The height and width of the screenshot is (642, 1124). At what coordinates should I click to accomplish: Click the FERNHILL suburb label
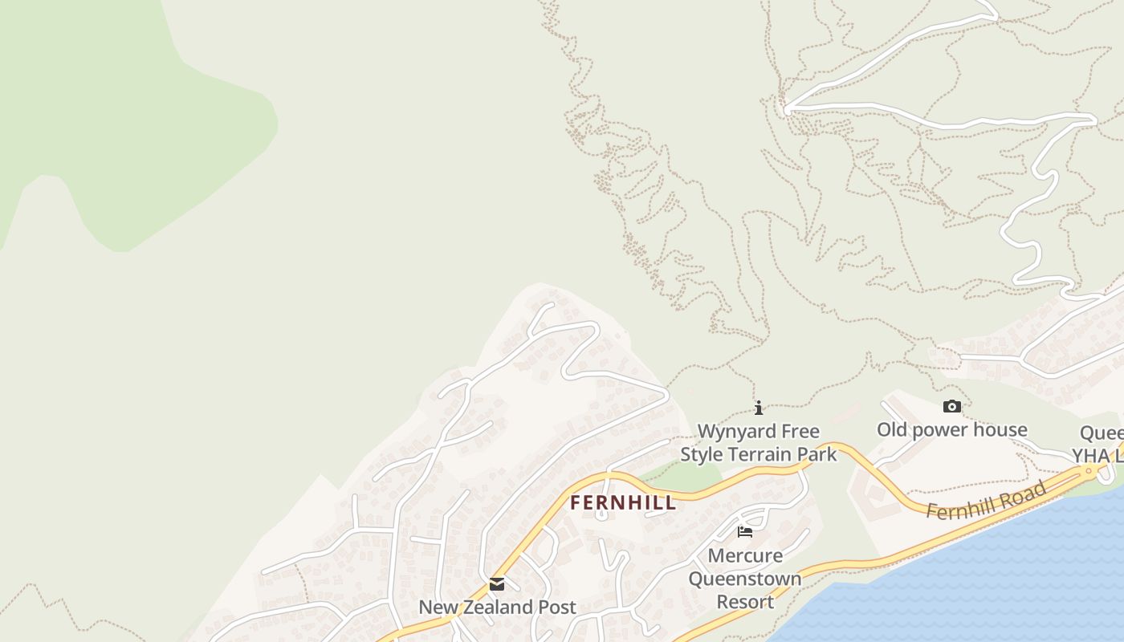[x=623, y=503]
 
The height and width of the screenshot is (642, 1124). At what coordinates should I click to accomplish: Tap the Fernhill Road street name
[x=987, y=500]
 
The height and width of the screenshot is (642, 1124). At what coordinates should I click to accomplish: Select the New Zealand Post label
[x=497, y=607]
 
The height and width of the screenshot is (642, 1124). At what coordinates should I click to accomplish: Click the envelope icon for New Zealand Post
[x=497, y=584]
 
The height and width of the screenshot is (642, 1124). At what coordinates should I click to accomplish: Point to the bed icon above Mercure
[x=745, y=531]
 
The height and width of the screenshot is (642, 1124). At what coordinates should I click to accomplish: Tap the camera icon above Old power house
[x=951, y=406]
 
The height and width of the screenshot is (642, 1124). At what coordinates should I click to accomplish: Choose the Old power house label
[x=951, y=429]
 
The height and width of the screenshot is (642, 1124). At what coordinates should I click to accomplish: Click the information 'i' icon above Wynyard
[x=759, y=408]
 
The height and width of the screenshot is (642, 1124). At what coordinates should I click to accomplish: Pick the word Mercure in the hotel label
[x=745, y=555]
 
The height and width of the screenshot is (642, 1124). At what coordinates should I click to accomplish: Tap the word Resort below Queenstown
[x=745, y=602]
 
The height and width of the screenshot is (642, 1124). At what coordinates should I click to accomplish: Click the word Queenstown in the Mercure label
[x=745, y=579]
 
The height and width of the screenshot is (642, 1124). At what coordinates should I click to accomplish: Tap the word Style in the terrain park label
[x=701, y=454]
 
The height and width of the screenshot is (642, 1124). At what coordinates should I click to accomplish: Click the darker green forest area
[x=120, y=104]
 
